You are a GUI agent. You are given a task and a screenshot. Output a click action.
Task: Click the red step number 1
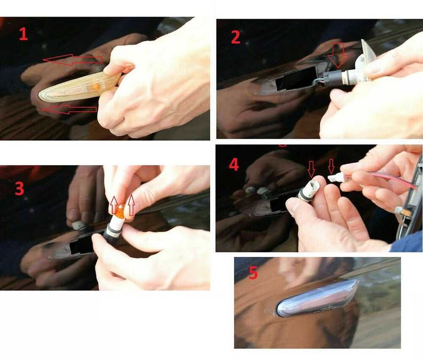(x=24, y=35)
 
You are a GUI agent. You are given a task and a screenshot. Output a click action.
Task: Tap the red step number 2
(x=235, y=37)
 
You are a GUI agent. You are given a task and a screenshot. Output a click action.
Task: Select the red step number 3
(x=20, y=189)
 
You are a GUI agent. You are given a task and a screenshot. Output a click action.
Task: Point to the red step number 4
(x=234, y=164)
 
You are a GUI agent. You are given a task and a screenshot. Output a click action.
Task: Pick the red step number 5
(x=253, y=272)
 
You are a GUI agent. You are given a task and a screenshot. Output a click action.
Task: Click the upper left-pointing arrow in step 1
(x=73, y=60)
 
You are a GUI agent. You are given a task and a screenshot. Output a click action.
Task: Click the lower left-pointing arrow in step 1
(x=69, y=109)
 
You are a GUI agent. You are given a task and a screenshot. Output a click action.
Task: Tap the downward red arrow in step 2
(x=338, y=55)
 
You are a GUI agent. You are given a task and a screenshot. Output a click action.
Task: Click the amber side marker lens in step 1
(x=78, y=87)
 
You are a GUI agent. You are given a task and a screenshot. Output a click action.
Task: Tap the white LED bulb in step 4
(x=334, y=178)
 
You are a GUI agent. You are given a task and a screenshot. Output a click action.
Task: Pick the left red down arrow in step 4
(x=312, y=169)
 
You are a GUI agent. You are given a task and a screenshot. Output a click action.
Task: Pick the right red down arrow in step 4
(x=331, y=166)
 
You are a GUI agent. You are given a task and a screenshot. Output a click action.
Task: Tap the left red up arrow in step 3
(x=114, y=205)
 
